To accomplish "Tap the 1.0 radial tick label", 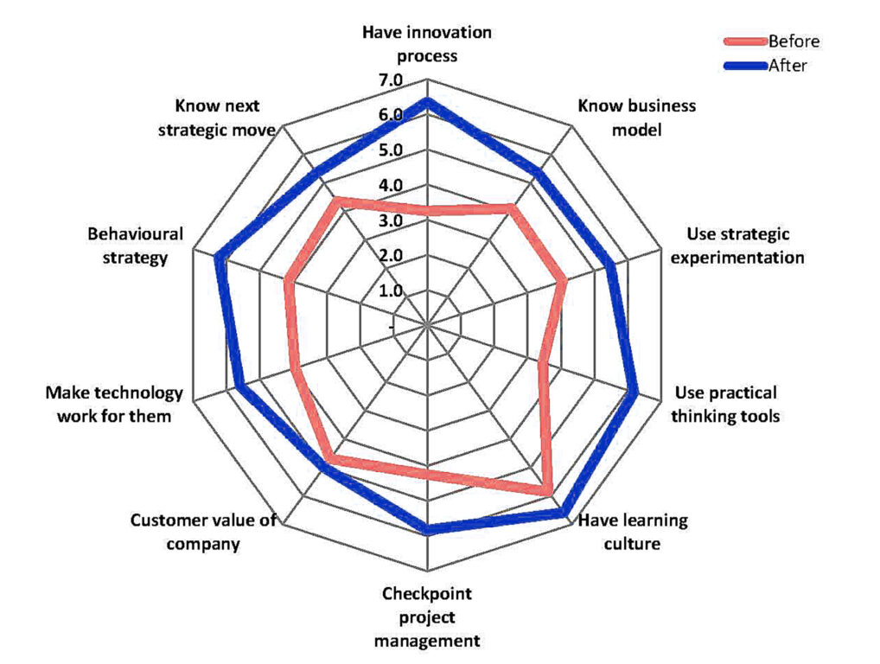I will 390,290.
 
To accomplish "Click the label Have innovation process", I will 427,44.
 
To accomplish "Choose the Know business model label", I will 636,118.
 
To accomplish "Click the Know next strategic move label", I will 225,118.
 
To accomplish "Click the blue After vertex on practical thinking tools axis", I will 635,392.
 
